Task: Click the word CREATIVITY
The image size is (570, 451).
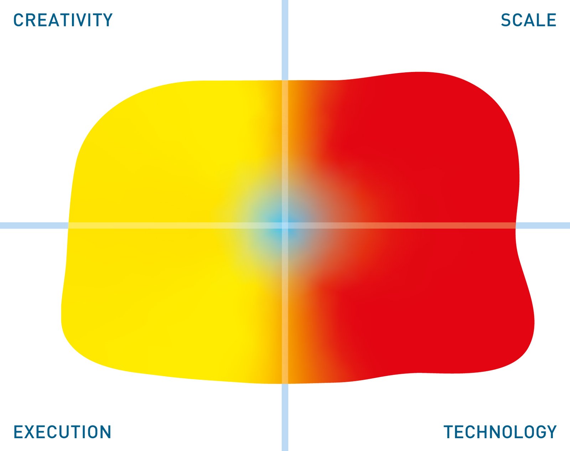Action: [x=63, y=20]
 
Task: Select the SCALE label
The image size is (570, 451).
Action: [x=528, y=20]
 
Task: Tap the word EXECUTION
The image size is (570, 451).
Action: [x=62, y=432]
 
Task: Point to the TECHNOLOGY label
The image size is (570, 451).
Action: [x=500, y=432]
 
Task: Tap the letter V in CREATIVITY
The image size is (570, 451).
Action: [x=85, y=20]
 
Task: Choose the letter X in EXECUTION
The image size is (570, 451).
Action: [x=31, y=432]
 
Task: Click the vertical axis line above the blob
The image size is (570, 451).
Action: [x=285, y=40]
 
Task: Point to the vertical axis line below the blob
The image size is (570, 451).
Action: [x=285, y=417]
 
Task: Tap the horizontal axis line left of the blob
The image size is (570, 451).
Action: [x=34, y=225]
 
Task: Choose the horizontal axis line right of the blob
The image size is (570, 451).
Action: [x=543, y=225]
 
